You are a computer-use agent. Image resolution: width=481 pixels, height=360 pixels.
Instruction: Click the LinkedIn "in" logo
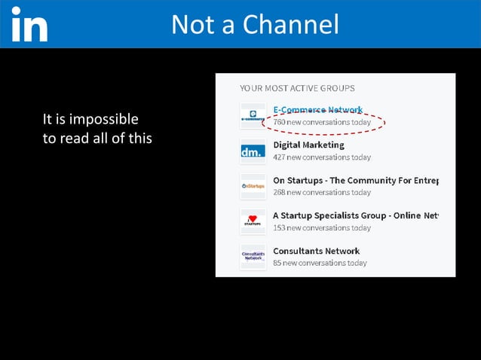29,25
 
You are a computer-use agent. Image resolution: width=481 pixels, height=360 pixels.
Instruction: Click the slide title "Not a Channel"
255,24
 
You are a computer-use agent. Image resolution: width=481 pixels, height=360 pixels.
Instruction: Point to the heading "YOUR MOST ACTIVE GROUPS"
297,88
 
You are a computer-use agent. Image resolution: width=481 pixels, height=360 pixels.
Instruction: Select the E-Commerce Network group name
317,110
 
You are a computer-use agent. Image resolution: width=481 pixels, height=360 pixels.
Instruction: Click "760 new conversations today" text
322,122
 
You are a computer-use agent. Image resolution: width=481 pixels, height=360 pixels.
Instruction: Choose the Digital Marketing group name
308,145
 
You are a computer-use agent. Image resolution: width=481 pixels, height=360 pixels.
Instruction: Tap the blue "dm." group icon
253,151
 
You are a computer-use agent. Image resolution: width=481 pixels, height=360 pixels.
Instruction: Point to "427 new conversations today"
322,157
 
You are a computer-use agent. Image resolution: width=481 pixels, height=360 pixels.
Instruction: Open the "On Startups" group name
355,180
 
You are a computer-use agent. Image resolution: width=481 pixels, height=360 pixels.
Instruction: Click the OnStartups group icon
253,186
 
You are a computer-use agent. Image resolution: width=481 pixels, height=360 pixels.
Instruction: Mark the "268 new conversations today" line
322,192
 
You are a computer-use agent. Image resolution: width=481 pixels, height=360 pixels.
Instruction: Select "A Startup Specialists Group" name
355,215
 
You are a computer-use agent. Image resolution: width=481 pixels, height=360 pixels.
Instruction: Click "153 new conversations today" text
322,227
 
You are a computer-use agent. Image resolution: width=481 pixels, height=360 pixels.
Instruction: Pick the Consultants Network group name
316,251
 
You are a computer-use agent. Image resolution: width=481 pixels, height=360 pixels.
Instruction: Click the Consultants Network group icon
253,257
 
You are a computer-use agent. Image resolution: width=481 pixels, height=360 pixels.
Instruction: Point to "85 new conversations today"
320,263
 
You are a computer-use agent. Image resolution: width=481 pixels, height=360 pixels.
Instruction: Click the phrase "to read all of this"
97,138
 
